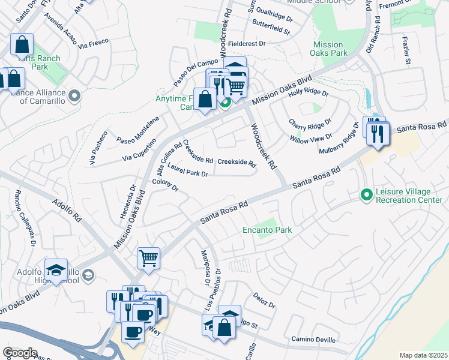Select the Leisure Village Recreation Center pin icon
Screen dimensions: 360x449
point(366,195)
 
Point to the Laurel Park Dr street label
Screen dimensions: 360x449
point(187,170)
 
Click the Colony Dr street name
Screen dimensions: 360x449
point(166,185)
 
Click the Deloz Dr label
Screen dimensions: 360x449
point(264,301)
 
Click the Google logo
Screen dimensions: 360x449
point(20,353)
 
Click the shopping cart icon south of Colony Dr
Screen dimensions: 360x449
point(148,259)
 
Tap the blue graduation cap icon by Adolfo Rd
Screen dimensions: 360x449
point(56,271)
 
